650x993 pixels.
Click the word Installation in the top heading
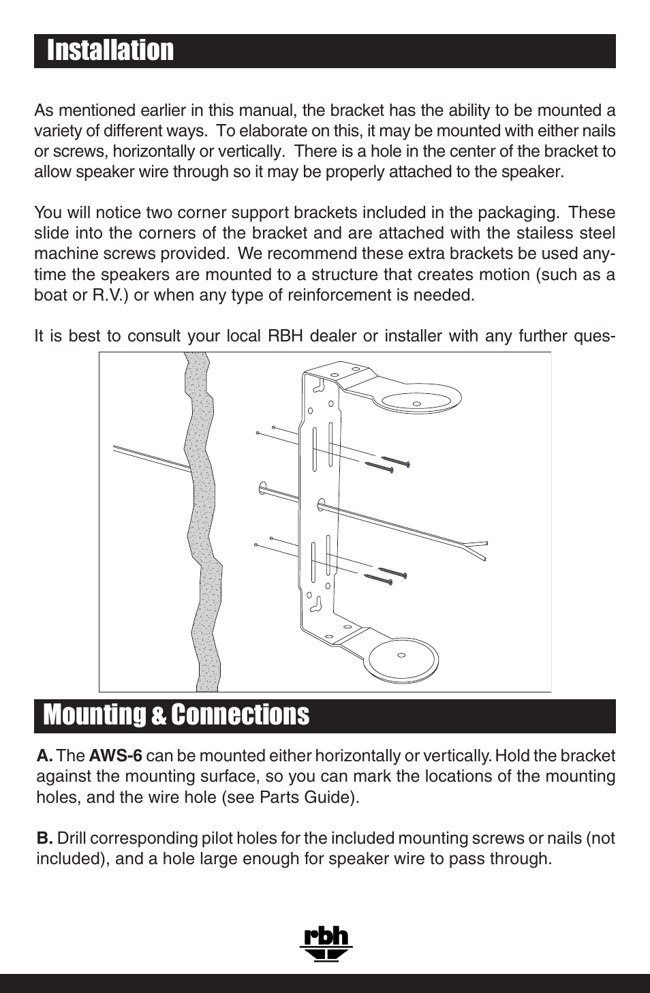pos(110,51)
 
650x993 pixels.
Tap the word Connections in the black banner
pos(240,715)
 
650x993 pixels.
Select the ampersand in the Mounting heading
pos(158,717)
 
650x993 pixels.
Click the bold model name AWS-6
pos(116,756)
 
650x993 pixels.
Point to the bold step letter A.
pos(44,756)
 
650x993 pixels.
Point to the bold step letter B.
pos(44,838)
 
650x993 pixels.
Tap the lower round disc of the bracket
pos(402,658)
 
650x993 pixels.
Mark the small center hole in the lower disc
pos(401,656)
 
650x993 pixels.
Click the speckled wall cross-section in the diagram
pos(202,518)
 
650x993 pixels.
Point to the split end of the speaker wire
pos(477,549)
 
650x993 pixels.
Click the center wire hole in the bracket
pos(321,505)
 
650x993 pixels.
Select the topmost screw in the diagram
pos(395,461)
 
